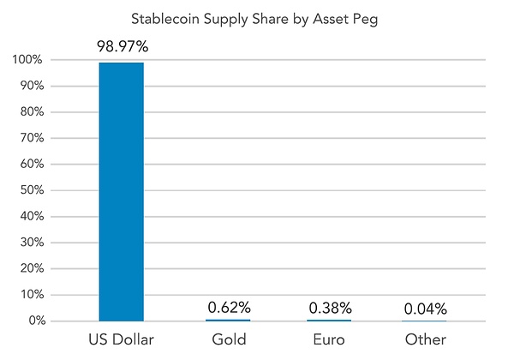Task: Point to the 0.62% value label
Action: (x=228, y=307)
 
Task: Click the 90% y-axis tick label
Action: (x=31, y=86)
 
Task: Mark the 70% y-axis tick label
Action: (x=31, y=138)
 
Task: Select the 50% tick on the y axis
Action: (x=31, y=190)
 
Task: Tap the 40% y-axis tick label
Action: (x=31, y=216)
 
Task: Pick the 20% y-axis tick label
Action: (x=31, y=268)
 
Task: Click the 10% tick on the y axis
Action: (x=31, y=295)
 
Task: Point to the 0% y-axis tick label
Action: (x=34, y=321)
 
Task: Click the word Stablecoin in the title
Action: (x=164, y=18)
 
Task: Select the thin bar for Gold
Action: (x=228, y=320)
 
